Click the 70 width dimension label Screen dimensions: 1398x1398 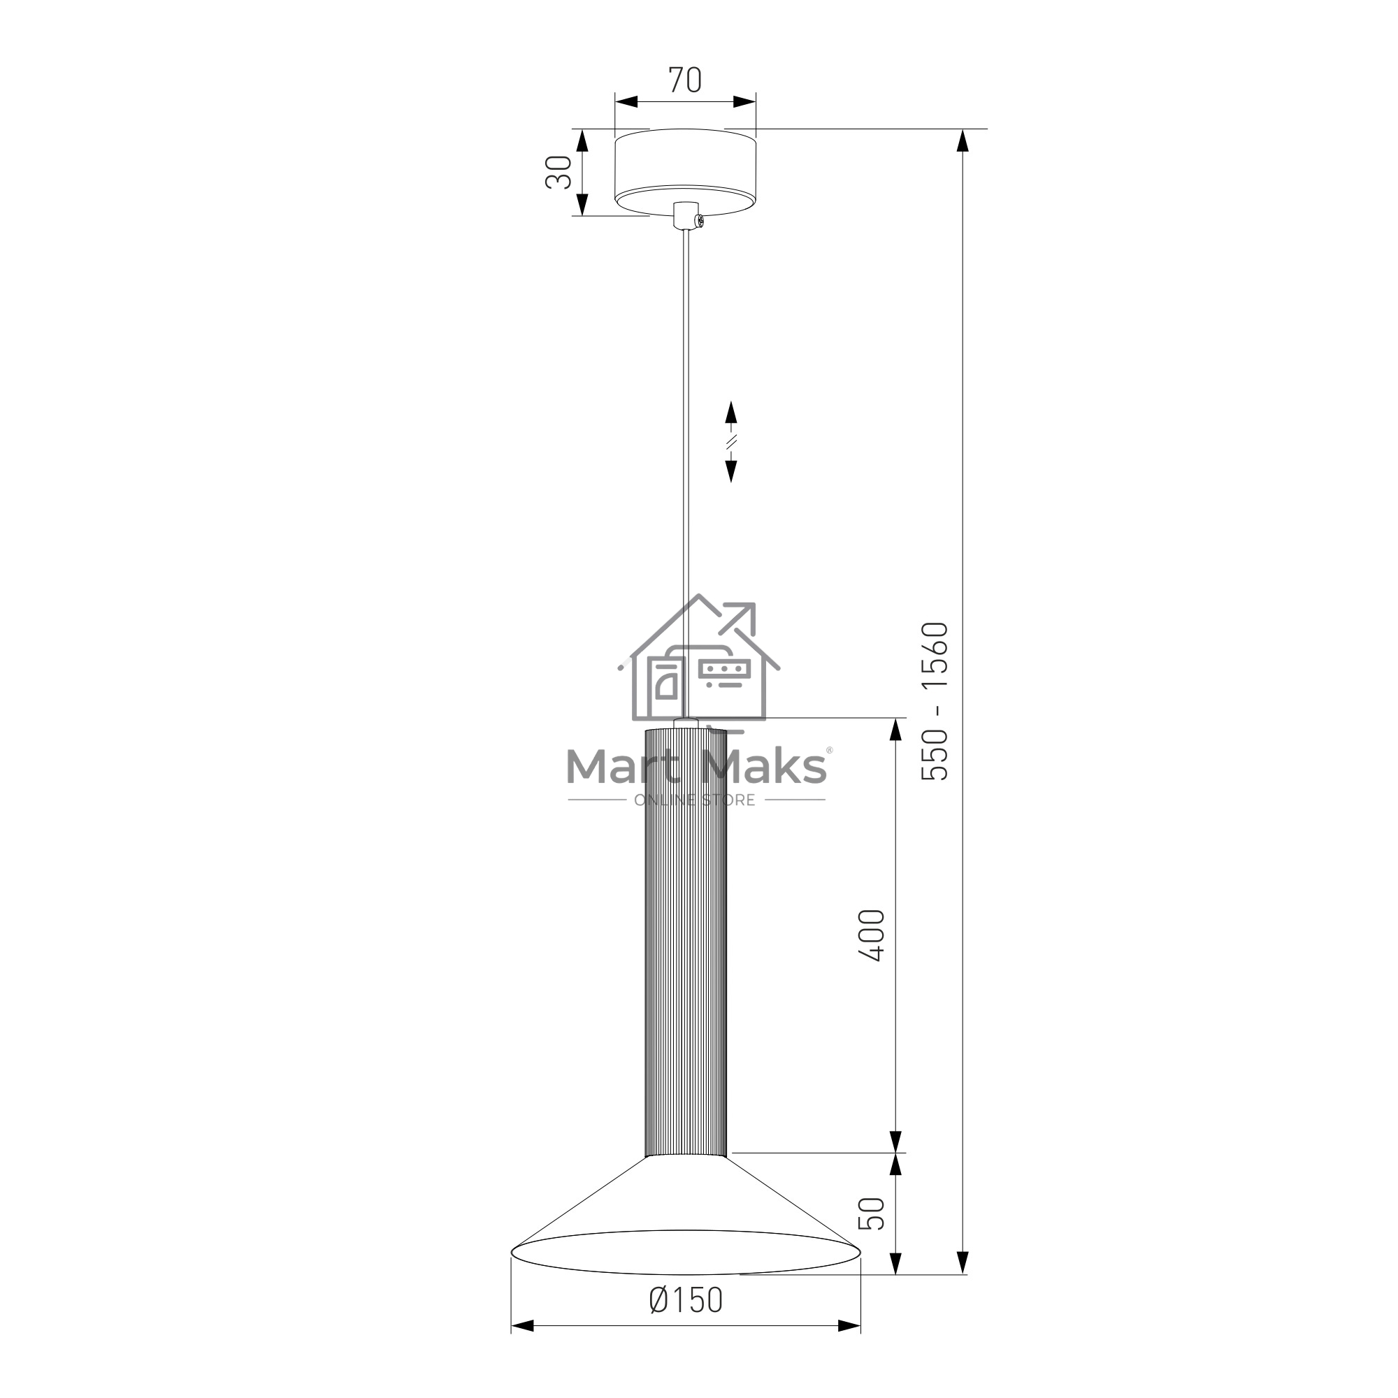point(684,80)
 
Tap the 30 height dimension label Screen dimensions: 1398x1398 point(559,172)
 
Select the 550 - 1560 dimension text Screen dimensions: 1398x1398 point(934,701)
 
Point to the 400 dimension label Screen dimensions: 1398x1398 point(871,936)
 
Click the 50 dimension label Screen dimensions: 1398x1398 point(871,1213)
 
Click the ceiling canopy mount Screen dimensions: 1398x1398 point(685,173)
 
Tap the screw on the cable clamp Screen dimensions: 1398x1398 point(699,221)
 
